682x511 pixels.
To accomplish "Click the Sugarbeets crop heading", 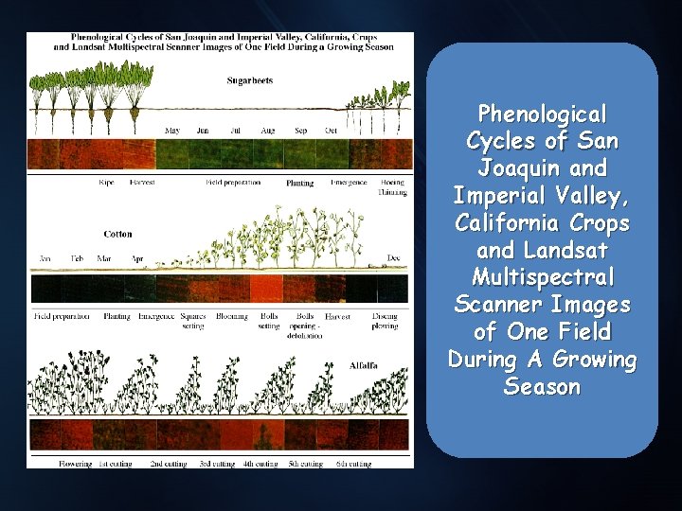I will pyautogui.click(x=250, y=80).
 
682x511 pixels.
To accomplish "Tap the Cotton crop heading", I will pyautogui.click(x=118, y=234).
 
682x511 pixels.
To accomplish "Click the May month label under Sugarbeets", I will pyautogui.click(x=173, y=131).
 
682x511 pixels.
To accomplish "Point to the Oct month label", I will pyautogui.click(x=332, y=131).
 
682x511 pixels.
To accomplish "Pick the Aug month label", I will pyautogui.click(x=267, y=131).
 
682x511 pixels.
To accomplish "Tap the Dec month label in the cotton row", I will pyautogui.click(x=394, y=257).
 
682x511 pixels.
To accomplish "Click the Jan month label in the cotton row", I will pyautogui.click(x=45, y=257).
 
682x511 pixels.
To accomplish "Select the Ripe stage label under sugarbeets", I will pyautogui.click(x=107, y=182).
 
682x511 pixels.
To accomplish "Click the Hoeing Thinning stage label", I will pyautogui.click(x=393, y=186).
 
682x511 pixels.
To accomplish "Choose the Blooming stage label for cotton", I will pyautogui.click(x=231, y=317).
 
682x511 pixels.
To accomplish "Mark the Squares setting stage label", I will pyautogui.click(x=192, y=321).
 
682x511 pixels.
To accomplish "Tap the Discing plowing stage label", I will pyautogui.click(x=385, y=321).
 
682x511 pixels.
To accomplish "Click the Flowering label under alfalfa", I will pyautogui.click(x=75, y=464).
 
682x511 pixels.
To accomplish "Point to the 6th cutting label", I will pyautogui.click(x=353, y=464).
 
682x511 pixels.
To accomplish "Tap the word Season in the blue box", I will pyautogui.click(x=542, y=387).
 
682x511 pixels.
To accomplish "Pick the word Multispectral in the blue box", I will pyautogui.click(x=542, y=278).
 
